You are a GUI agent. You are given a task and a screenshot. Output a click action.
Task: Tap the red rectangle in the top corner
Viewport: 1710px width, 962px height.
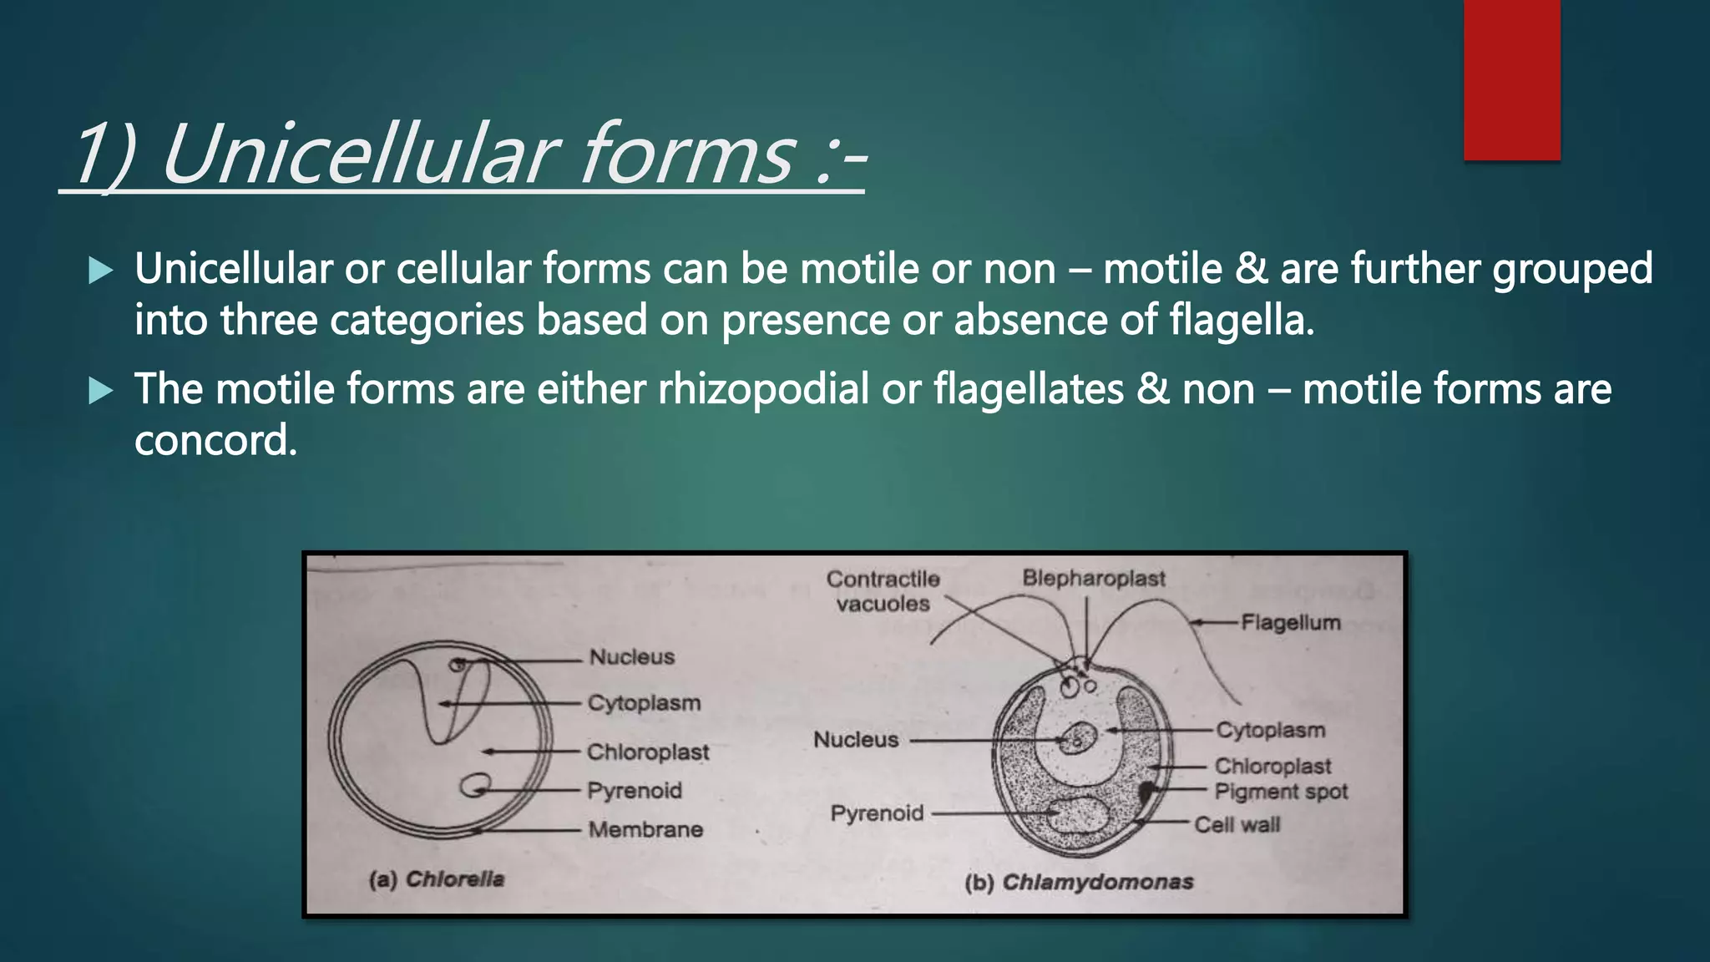coord(1511,79)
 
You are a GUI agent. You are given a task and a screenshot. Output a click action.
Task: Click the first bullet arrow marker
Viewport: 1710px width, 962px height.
coord(100,270)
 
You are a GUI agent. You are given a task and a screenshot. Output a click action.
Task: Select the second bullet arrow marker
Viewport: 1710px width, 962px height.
coord(100,390)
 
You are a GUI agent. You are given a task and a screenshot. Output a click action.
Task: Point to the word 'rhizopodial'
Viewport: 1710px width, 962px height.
coord(763,390)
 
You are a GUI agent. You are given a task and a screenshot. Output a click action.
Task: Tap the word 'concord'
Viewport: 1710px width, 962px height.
coord(213,440)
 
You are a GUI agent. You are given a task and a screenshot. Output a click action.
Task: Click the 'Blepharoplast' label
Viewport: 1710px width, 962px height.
coord(1093,578)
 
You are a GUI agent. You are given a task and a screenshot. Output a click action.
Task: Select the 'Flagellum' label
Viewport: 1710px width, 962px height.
coord(1290,622)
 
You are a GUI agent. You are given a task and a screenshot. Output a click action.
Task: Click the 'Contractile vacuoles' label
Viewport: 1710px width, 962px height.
coord(883,591)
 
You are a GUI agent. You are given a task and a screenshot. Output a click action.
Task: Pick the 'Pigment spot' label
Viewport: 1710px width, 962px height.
coord(1281,791)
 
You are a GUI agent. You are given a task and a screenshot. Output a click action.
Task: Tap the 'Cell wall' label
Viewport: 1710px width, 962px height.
coord(1237,825)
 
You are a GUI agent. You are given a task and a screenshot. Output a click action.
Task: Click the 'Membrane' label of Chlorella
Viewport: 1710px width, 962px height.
coord(645,829)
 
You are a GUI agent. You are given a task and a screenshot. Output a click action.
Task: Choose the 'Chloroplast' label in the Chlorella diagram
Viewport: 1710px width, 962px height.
coord(648,752)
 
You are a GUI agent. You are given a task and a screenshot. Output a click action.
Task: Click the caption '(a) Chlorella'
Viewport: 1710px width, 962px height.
coord(437,879)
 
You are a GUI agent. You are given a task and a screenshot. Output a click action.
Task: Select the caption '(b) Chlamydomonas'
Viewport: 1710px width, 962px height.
coord(1079,882)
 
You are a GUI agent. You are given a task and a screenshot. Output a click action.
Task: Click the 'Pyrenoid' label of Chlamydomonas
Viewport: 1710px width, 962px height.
coord(877,813)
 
